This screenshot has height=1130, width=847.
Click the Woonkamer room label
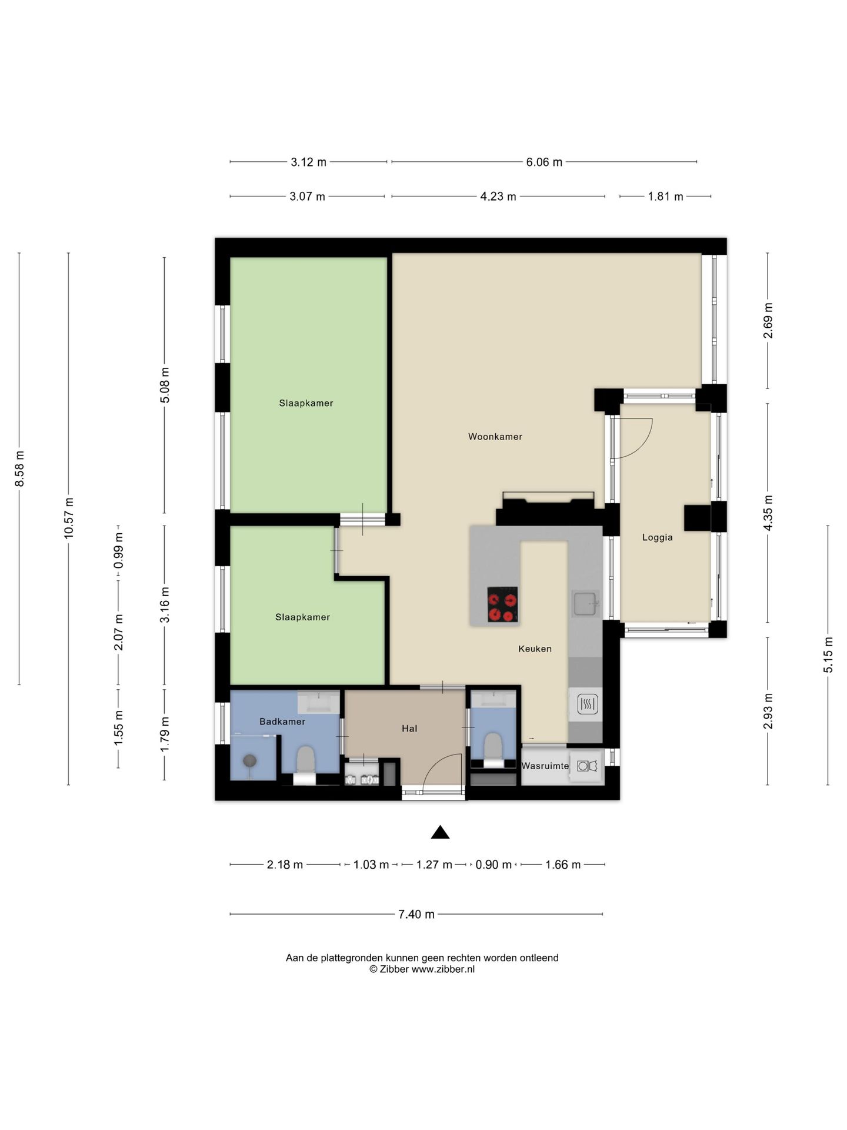point(495,437)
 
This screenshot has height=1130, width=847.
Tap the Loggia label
point(657,537)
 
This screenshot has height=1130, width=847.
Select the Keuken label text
point(535,649)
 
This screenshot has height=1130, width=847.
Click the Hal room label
point(409,729)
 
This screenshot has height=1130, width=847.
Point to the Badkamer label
point(282,722)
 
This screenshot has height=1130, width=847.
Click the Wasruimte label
point(545,766)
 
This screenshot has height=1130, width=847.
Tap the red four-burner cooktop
point(503,604)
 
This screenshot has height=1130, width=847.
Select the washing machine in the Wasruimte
point(587,766)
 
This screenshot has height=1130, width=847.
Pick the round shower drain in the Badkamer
point(250,761)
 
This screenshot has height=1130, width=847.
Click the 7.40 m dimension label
point(416,914)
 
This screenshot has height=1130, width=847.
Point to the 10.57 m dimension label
point(69,518)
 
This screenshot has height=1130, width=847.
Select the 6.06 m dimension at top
point(544,162)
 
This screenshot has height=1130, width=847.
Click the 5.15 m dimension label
point(828,655)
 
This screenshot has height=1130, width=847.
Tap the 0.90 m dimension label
point(493,865)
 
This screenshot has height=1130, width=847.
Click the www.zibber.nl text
point(443,969)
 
